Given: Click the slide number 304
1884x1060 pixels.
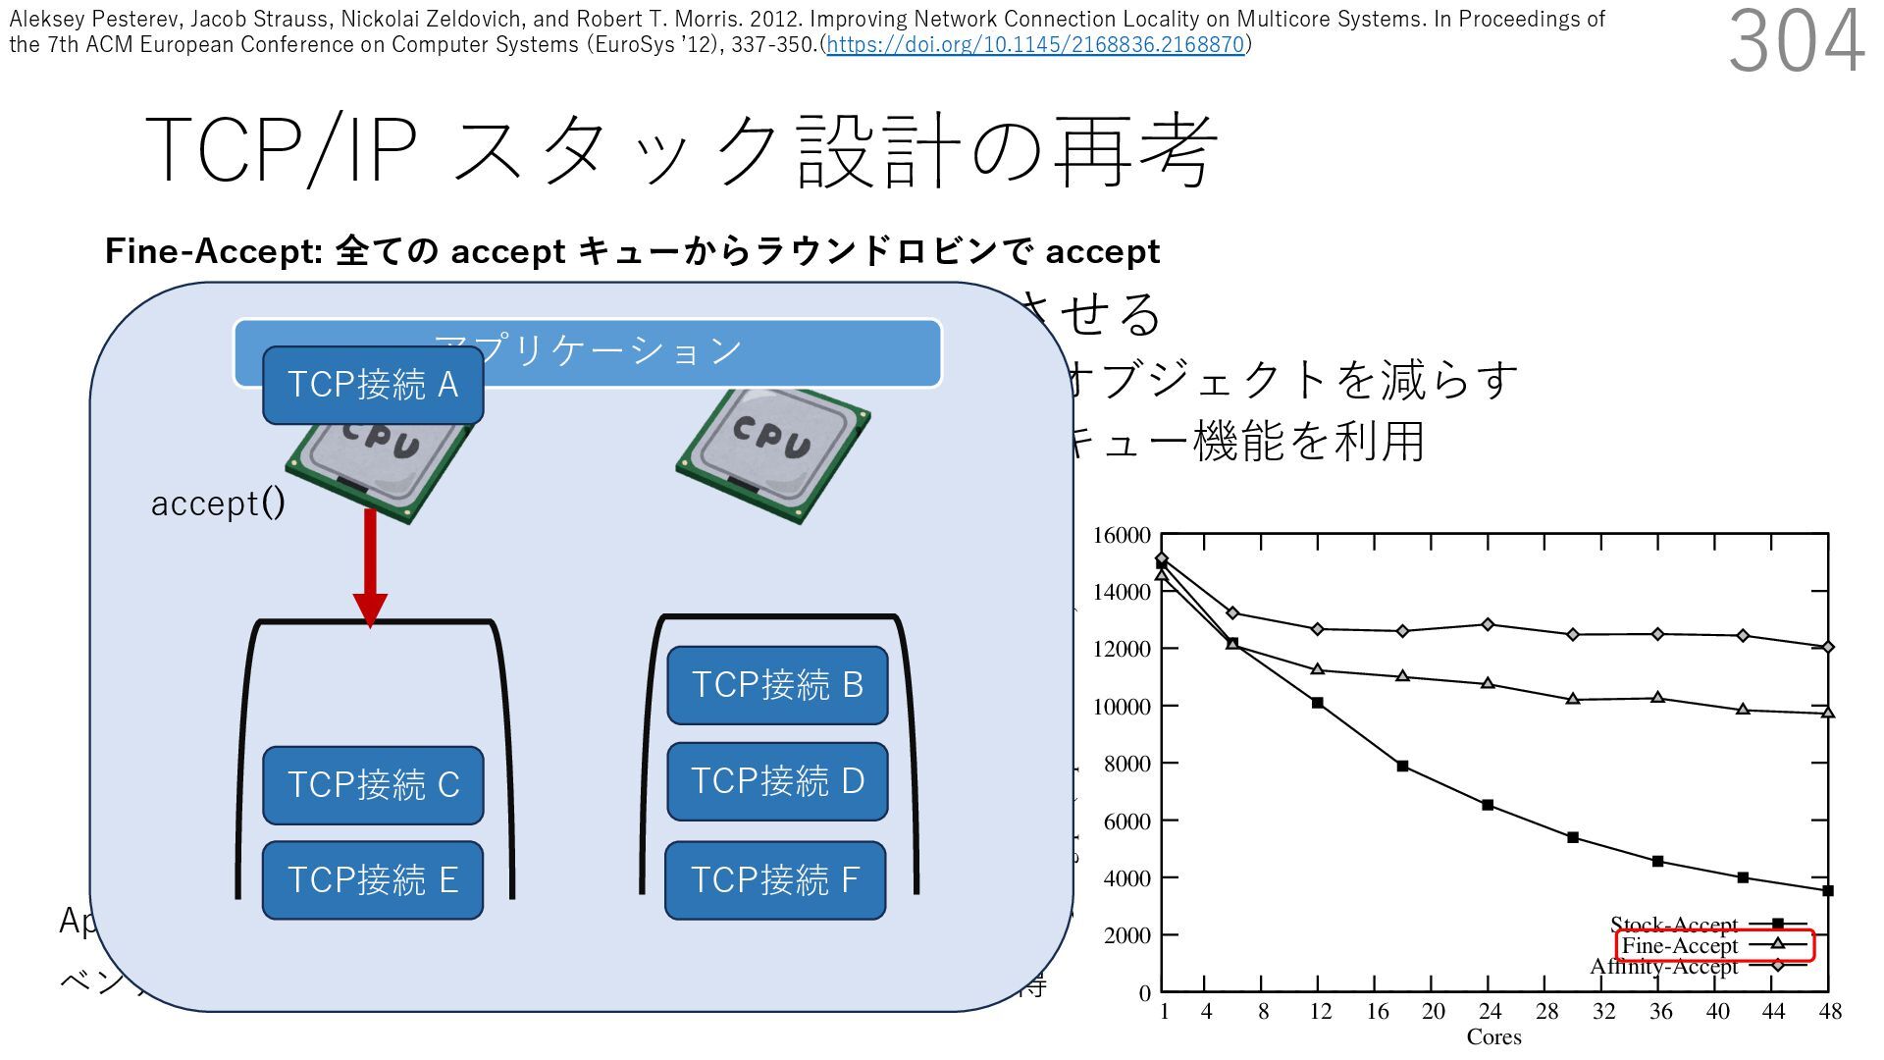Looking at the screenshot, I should (x=1795, y=41).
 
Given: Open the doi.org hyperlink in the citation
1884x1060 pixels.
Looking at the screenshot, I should (x=1035, y=45).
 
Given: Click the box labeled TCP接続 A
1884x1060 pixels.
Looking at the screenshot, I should (x=373, y=385).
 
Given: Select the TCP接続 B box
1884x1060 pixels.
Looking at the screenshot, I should (x=777, y=685).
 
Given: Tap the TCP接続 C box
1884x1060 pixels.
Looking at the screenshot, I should (x=373, y=785).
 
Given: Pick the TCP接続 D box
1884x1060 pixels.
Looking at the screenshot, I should (x=777, y=781).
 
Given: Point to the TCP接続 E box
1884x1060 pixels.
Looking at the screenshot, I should (x=373, y=879).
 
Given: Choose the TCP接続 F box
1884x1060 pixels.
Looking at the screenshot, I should (x=775, y=880).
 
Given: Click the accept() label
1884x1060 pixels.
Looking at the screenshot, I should (x=218, y=503).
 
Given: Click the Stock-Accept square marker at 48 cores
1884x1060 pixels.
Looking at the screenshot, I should (x=1828, y=891).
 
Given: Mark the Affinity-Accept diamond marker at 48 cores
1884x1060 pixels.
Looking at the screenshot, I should (x=1828, y=647).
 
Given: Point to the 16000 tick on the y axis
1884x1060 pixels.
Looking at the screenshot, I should (x=1122, y=536).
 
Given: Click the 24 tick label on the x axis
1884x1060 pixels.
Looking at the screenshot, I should (x=1490, y=1012).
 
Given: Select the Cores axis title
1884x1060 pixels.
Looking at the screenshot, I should (x=1493, y=1037).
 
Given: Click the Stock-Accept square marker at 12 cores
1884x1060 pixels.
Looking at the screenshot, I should (x=1317, y=703).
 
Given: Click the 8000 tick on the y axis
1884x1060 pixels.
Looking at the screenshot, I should (x=1126, y=764).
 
